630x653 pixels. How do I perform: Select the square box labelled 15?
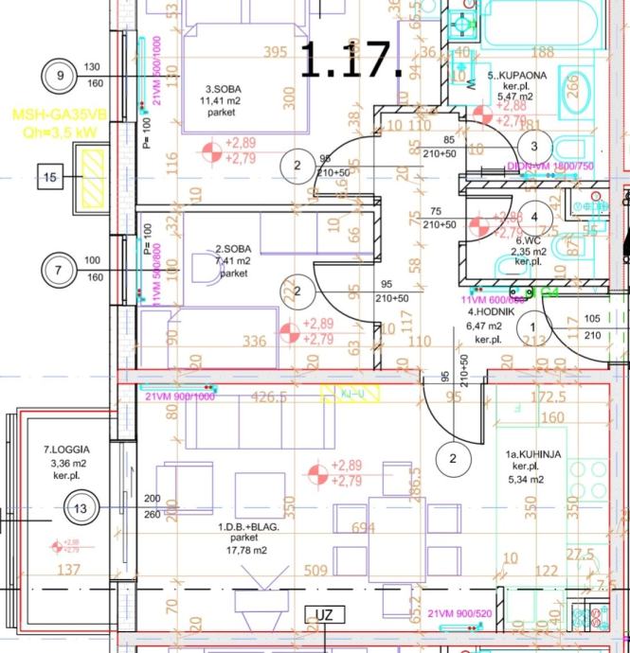click(50, 176)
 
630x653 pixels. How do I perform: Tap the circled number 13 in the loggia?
click(80, 508)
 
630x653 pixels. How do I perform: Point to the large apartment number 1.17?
click(351, 61)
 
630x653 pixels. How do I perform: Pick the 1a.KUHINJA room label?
click(532, 454)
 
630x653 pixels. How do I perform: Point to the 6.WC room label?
click(528, 240)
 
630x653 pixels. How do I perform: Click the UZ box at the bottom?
click(324, 615)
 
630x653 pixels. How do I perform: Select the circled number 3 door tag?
click(534, 146)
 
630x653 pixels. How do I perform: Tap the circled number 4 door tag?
click(534, 217)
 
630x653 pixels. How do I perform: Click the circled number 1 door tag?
click(532, 326)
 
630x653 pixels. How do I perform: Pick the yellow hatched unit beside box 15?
click(94, 178)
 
